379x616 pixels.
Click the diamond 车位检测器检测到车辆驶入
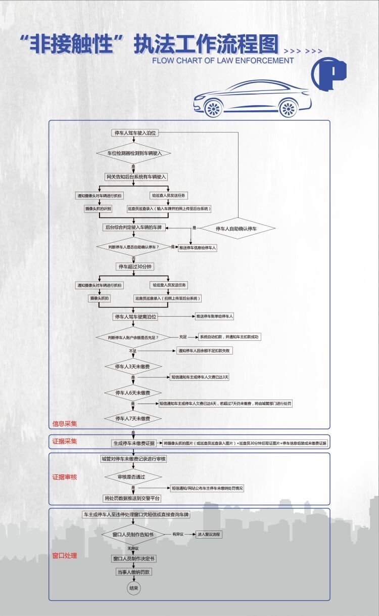tap(133, 153)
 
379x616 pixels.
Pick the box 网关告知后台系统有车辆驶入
tap(136, 177)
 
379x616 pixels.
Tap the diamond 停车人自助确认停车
tap(236, 229)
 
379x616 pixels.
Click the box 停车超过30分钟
tap(134, 266)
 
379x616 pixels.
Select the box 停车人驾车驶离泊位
tap(135, 317)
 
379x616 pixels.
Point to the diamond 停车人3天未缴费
tap(133, 366)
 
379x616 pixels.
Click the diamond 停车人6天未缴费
tap(133, 392)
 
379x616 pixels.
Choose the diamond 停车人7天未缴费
tap(133, 418)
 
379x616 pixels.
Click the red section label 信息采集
tap(65, 424)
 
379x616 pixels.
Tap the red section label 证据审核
tap(65, 477)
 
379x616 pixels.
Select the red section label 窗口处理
tap(65, 555)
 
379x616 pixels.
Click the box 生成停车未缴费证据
tap(134, 443)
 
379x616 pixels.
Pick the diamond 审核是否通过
tap(133, 476)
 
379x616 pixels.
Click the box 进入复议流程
tap(209, 534)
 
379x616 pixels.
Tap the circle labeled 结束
tap(133, 588)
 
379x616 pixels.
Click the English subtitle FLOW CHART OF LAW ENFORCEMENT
tap(223, 60)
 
